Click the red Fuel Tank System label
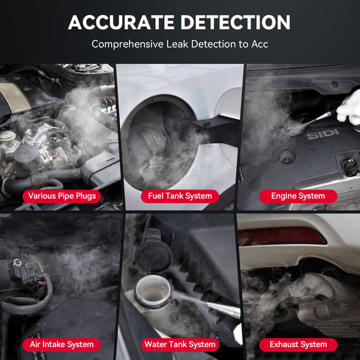[180, 196]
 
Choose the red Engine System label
[298, 196]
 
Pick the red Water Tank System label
[180, 344]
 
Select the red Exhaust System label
[298, 344]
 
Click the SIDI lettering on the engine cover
[322, 135]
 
